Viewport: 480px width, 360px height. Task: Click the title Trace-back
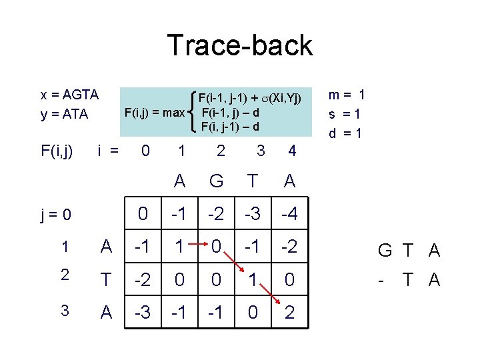239,45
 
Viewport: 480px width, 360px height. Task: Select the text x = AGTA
69,95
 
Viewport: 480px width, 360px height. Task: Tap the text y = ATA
64,114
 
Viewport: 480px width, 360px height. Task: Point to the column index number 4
291,151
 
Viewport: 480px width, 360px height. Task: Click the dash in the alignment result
379,280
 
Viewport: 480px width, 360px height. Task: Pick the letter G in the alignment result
385,251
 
